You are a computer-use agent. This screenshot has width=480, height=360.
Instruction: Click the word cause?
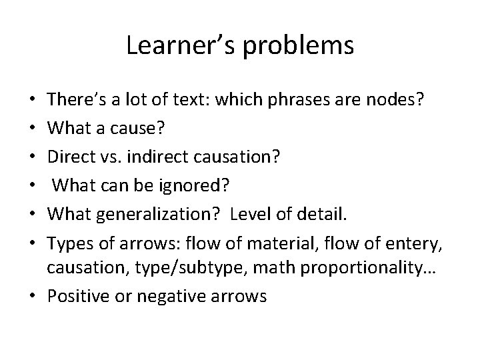click(141, 126)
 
